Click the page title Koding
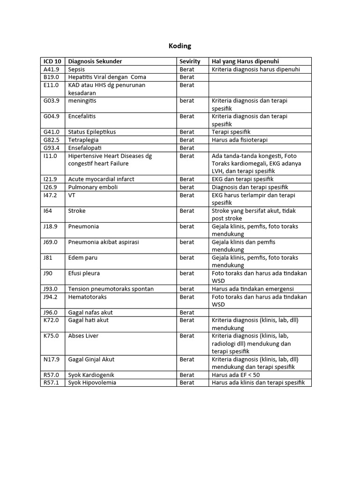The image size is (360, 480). tap(180, 46)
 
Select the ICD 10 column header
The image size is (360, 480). tap(52, 61)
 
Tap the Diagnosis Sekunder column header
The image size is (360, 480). tap(95, 61)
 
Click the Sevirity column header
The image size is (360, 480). tap(190, 61)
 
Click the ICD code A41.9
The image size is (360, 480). tap(51, 69)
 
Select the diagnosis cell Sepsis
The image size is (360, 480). tap(77, 69)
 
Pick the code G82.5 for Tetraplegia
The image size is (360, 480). tap(51, 140)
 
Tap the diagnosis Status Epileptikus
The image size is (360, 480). tap(92, 132)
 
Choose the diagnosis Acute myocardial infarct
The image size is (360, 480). tap(101, 179)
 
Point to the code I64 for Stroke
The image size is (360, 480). tap(48, 210)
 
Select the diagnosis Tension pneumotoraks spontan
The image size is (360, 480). tap(111, 289)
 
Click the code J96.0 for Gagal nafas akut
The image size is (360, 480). tap(51, 312)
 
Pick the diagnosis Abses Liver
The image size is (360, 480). tap(83, 336)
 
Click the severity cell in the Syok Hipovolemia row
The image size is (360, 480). tap(187, 382)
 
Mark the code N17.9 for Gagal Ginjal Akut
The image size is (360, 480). tap(51, 359)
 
